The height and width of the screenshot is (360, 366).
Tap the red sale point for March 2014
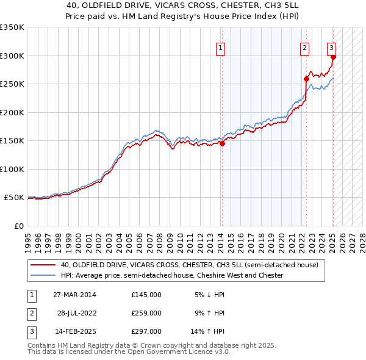223,144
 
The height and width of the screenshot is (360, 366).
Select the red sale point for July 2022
307,79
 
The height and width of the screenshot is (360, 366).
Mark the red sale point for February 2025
333,57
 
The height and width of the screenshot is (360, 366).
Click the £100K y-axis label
12,169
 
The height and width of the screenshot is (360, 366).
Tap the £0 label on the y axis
18,226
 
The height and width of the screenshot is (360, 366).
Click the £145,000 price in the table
146,295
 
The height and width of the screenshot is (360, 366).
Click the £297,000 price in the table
146,331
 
